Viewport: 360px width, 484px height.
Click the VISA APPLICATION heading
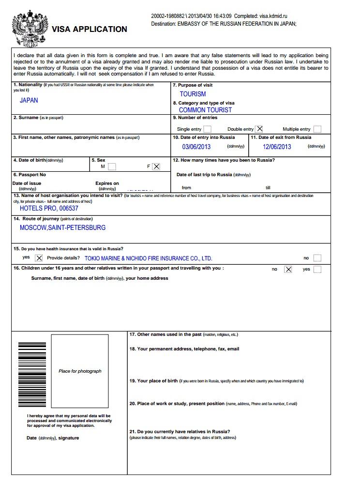coord(90,29)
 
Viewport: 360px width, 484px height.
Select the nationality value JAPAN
coord(29,101)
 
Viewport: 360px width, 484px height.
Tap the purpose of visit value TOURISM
coord(193,94)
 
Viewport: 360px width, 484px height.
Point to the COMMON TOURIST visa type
coord(205,110)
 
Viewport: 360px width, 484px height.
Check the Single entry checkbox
coord(208,129)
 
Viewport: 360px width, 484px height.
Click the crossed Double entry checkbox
coord(260,129)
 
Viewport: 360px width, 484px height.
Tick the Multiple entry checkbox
coord(317,129)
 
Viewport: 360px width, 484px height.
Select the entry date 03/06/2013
coord(196,147)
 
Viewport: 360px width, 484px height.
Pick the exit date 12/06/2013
coord(277,147)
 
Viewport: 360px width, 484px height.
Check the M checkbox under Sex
coord(112,166)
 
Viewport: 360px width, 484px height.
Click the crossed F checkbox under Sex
coord(156,166)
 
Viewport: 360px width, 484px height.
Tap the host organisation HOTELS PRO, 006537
coord(49,209)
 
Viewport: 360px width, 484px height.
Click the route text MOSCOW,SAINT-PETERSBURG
coord(62,227)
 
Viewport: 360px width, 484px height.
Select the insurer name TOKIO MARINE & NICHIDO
coord(148,258)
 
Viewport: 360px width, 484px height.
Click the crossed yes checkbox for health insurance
coord(39,258)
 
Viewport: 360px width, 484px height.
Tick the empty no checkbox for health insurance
coord(317,258)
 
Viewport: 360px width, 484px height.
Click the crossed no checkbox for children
coord(288,270)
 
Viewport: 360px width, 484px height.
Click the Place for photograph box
coord(80,372)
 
